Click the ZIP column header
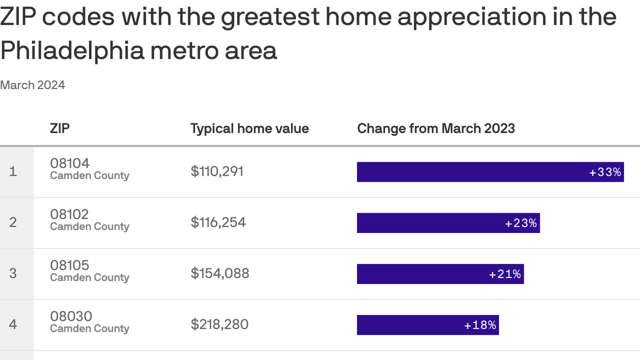point(60,128)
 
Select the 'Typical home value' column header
point(249,128)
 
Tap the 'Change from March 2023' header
point(436,128)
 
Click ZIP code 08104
point(70,163)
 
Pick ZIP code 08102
point(69,214)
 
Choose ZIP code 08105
point(69,265)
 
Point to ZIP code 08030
point(71,316)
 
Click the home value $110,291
point(217,172)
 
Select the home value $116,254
point(218,222)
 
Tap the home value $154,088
point(220,273)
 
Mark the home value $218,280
point(219,324)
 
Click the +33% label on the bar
point(605,172)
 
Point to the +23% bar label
point(521,223)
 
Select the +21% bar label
point(505,274)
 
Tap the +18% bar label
point(480,325)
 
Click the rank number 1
point(13,172)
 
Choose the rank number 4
point(13,324)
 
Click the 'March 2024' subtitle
point(32,85)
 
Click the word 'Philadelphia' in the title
point(72,50)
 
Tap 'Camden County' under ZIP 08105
point(89,277)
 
